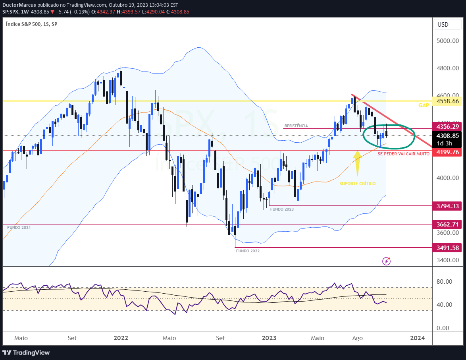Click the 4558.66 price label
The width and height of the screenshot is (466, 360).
pyautogui.click(x=447, y=101)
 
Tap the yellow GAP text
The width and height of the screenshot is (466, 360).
pyautogui.click(x=424, y=105)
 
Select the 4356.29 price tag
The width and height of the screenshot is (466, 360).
pyautogui.click(x=447, y=126)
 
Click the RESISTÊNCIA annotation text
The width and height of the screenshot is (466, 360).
pyautogui.click(x=296, y=126)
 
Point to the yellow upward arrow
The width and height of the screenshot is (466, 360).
pyautogui.click(x=357, y=163)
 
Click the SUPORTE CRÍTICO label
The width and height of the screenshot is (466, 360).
pyautogui.click(x=357, y=184)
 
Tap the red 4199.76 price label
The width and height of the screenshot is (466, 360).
pyautogui.click(x=447, y=152)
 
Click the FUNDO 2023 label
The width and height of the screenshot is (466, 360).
pyautogui.click(x=282, y=209)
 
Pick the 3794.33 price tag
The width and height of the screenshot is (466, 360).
pyautogui.click(x=447, y=206)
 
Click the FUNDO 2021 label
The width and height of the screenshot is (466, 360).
pyautogui.click(x=19, y=227)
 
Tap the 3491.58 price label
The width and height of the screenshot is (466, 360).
pyautogui.click(x=447, y=248)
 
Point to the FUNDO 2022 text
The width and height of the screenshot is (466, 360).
pyautogui.click(x=248, y=251)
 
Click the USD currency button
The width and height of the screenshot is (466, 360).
pyautogui.click(x=443, y=25)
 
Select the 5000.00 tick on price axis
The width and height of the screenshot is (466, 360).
pyautogui.click(x=447, y=41)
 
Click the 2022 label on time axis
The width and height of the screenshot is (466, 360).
pyautogui.click(x=121, y=338)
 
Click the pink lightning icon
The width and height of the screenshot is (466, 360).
pyautogui.click(x=386, y=261)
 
